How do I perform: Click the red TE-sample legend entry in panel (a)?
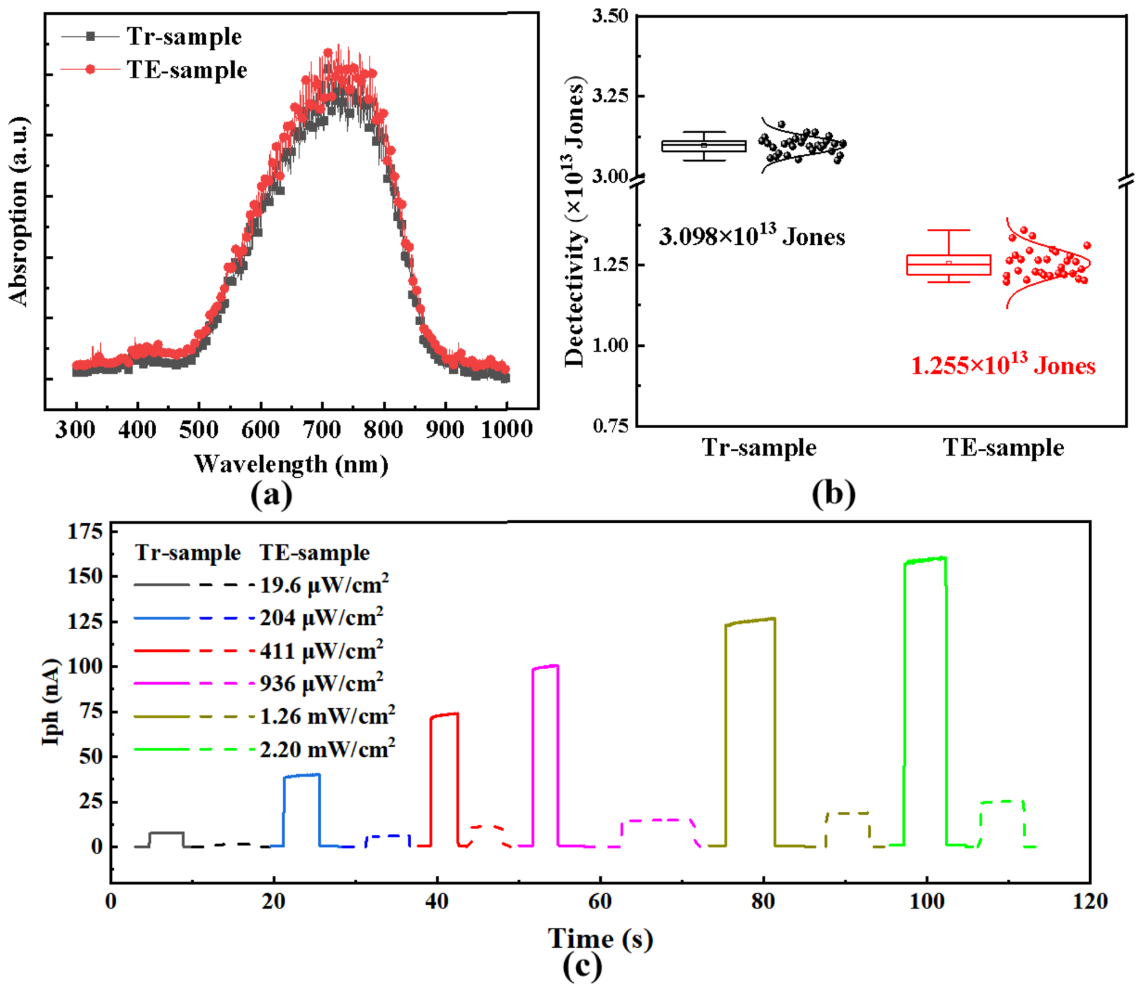(x=154, y=69)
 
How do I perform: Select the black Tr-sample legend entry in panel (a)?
(x=152, y=36)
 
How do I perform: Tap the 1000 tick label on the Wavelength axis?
(x=506, y=429)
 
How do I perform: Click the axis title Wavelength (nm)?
(x=291, y=464)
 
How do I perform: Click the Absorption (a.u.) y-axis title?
(x=18, y=210)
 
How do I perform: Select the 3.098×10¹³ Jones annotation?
(x=752, y=236)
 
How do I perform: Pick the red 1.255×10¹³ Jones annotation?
(x=1002, y=365)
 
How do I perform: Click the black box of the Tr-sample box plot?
(x=704, y=146)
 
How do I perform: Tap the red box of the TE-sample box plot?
(x=948, y=264)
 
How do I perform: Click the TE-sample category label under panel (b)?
(x=1003, y=448)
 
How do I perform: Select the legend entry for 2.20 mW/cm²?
(x=265, y=749)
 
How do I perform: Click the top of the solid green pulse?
(x=925, y=560)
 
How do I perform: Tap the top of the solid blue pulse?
(x=302, y=776)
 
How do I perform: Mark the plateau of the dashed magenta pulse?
(x=656, y=820)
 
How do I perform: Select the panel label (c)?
(x=582, y=967)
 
